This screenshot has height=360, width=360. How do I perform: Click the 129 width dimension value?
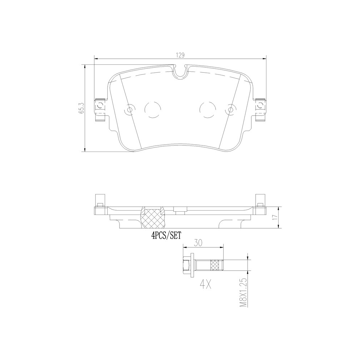pyautogui.click(x=180, y=55)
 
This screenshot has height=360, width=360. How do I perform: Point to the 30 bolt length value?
pyautogui.click(x=198, y=243)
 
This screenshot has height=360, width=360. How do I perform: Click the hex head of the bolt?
pyautogui.click(x=187, y=266)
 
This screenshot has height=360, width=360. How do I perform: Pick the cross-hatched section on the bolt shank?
pyautogui.click(x=217, y=266)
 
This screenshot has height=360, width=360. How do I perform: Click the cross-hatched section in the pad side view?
pyautogui.click(x=153, y=218)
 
